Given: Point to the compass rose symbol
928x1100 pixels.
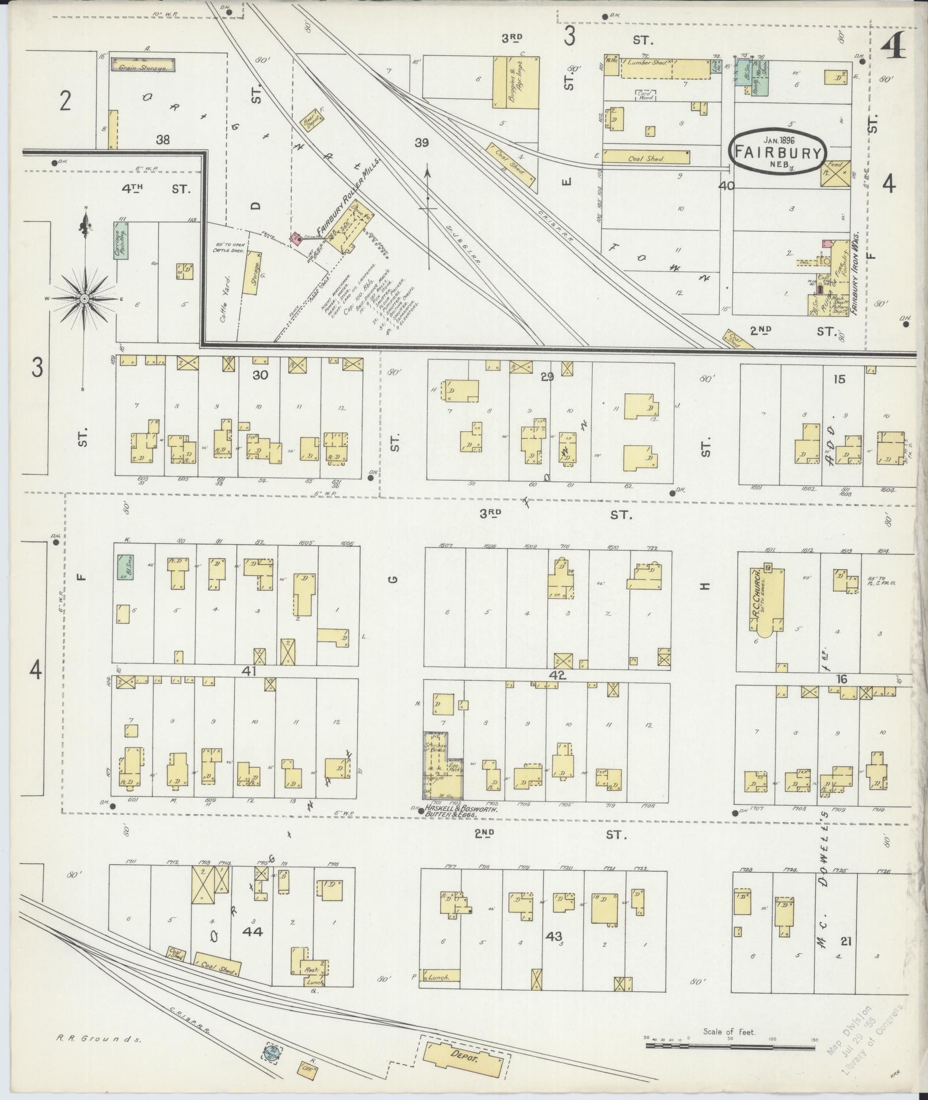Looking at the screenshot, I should [85, 298].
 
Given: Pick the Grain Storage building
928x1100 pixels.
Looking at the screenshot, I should [143, 64].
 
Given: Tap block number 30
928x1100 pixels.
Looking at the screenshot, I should [261, 374].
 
